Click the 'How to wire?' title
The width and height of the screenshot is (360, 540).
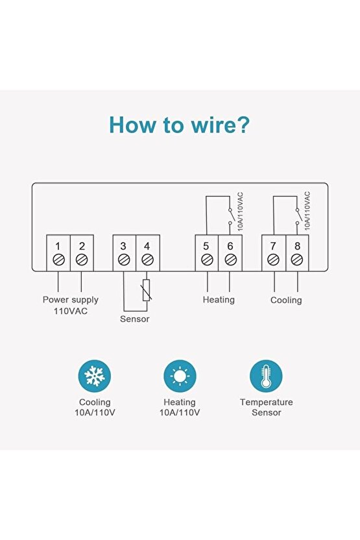[179, 125]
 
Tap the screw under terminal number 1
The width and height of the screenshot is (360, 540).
[58, 260]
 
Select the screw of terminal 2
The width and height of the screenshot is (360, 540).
[82, 260]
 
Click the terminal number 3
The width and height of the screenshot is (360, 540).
[123, 246]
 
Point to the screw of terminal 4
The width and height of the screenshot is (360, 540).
[147, 260]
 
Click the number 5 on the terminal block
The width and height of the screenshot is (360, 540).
[206, 246]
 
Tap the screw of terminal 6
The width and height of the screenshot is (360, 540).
[230, 260]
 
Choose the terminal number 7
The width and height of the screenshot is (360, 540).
[273, 246]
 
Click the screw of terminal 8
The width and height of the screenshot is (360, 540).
[297, 260]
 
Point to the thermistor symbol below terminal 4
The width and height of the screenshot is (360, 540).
[147, 290]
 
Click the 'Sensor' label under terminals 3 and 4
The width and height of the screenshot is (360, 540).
[134, 319]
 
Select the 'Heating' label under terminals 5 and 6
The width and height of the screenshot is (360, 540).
[219, 300]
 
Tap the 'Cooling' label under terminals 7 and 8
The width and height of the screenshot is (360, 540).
[286, 300]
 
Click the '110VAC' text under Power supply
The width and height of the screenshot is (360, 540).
[71, 311]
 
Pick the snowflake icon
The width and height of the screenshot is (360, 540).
[95, 376]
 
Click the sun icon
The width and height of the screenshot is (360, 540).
[180, 376]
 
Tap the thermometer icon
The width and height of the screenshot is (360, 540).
[266, 376]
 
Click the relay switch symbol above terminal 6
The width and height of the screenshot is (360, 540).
[230, 217]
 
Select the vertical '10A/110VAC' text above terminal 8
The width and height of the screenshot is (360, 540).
[307, 211]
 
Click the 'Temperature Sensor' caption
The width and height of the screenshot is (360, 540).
[267, 407]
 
